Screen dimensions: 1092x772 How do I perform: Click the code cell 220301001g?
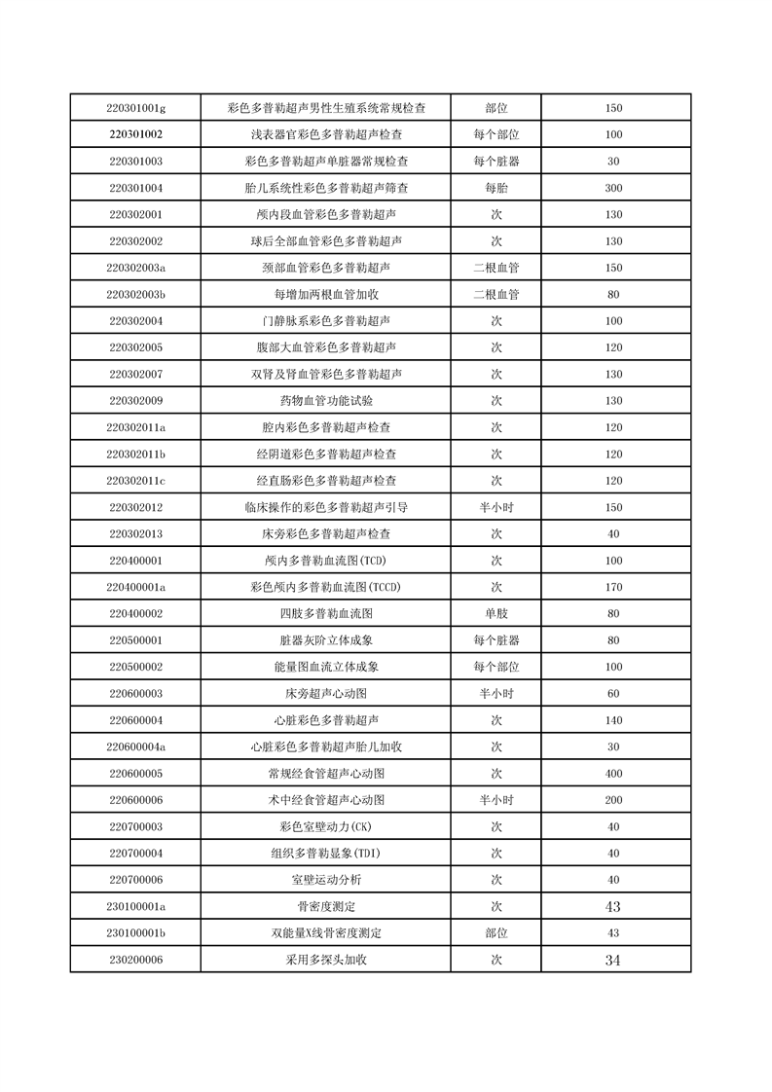(x=135, y=108)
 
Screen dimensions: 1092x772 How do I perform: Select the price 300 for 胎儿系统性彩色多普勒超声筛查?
(x=613, y=188)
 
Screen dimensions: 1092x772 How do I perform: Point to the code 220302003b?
(x=135, y=294)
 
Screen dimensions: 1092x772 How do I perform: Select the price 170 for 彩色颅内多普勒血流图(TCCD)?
(x=613, y=587)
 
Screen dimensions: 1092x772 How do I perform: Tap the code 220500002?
(x=135, y=668)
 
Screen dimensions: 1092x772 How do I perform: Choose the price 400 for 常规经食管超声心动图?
(x=613, y=774)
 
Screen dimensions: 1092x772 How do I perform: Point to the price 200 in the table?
(x=613, y=800)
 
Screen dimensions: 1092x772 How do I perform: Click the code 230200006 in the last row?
(x=135, y=960)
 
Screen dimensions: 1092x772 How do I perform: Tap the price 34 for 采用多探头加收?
(x=613, y=960)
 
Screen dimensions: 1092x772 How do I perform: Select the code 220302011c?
(x=135, y=481)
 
